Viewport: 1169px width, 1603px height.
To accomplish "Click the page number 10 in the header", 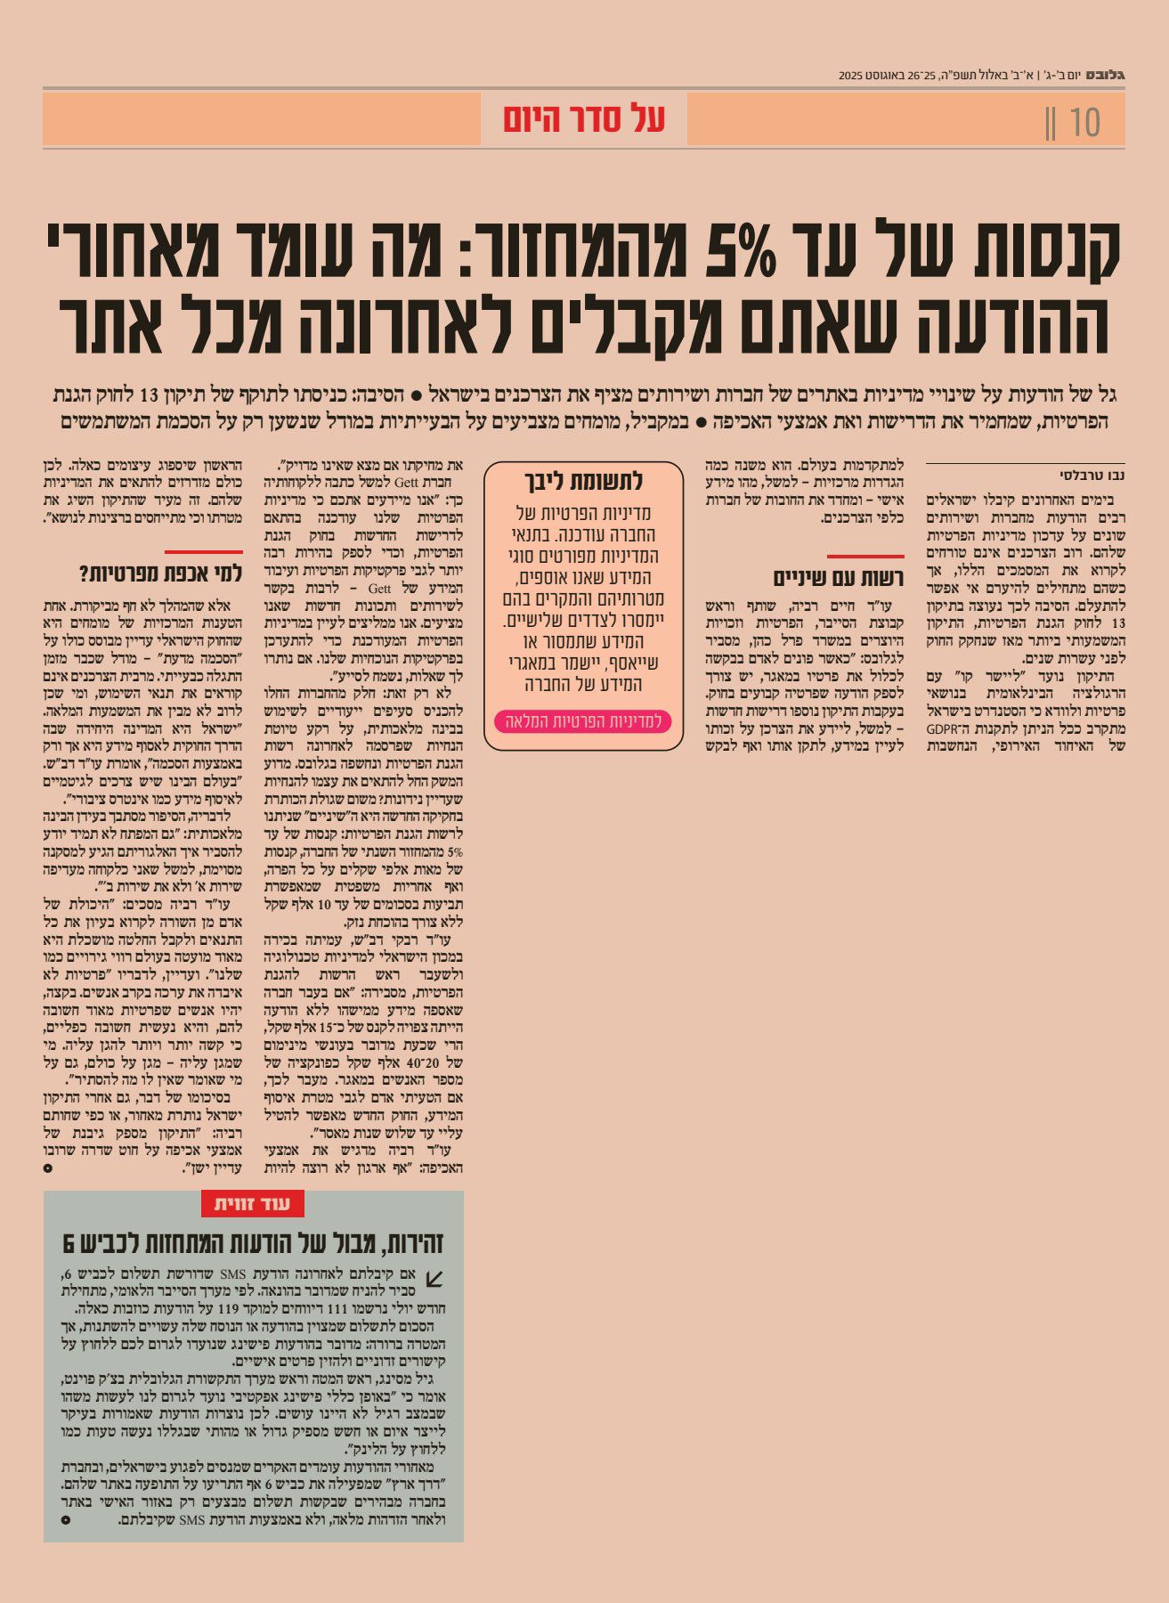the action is pos(1085,122).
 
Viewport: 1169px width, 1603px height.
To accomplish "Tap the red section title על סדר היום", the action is pos(584,118).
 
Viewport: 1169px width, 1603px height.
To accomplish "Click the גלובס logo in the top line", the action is pos(1108,75).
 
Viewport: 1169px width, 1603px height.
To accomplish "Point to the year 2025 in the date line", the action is pos(850,76).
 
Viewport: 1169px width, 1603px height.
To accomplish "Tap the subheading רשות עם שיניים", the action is pos(838,579).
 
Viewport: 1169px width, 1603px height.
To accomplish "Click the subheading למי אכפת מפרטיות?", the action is pos(161,573).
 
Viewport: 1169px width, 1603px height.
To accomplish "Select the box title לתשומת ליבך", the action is pos(583,481).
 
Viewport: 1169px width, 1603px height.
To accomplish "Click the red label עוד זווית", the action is pos(253,1204).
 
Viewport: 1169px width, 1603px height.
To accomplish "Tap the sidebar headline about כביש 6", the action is pos(253,1243).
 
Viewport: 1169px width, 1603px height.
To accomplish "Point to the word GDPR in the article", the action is pos(941,728).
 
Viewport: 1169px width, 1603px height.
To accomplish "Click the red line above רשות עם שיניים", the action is pos(865,556).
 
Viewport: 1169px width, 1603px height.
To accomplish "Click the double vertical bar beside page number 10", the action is pos(1051,122).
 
